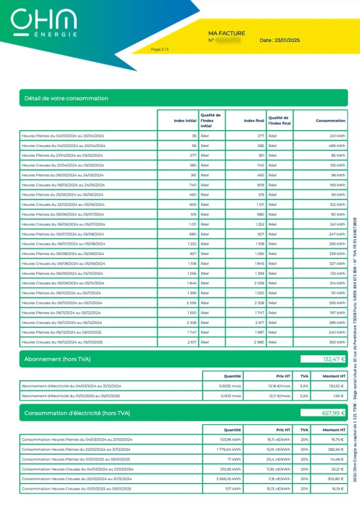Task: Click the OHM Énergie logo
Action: point(44,23)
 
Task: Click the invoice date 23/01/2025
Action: point(280,40)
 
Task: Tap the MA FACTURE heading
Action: point(227,33)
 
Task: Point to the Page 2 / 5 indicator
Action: point(160,49)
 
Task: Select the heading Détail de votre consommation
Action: point(66,98)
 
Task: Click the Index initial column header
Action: point(185,121)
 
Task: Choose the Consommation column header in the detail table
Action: point(330,121)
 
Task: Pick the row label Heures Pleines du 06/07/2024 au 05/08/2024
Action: point(63,234)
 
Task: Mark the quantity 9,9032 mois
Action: point(230,386)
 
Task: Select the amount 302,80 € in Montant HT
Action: point(335,479)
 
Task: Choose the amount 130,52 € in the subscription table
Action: point(335,386)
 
